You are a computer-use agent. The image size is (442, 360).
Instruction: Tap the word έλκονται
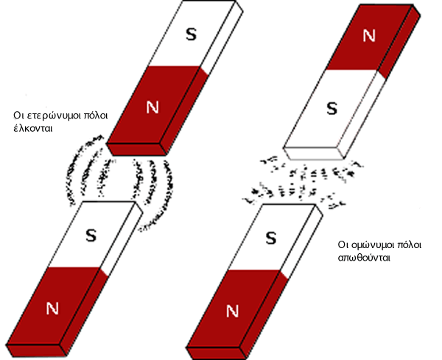(x=36, y=128)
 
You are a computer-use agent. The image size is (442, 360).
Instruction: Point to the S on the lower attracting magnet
(x=91, y=236)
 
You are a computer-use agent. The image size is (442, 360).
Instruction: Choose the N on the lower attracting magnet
(x=52, y=308)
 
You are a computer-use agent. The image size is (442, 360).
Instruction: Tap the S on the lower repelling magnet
(x=270, y=238)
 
